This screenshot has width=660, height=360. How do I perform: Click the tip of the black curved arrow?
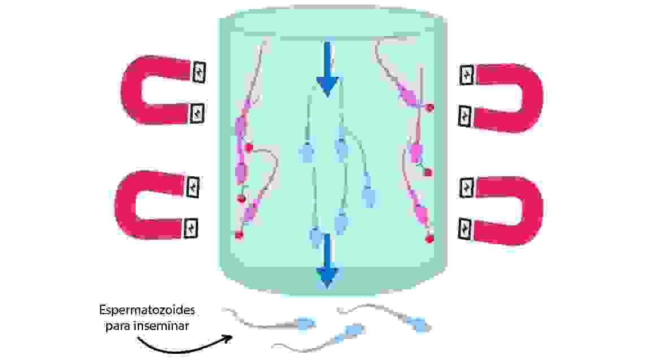point(232,338)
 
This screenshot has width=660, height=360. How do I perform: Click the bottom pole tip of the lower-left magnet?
point(191,229)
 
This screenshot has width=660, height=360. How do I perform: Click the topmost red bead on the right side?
point(429,107)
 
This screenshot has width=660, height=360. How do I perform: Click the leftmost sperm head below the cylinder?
point(306,323)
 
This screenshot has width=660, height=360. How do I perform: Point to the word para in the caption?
point(116,326)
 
